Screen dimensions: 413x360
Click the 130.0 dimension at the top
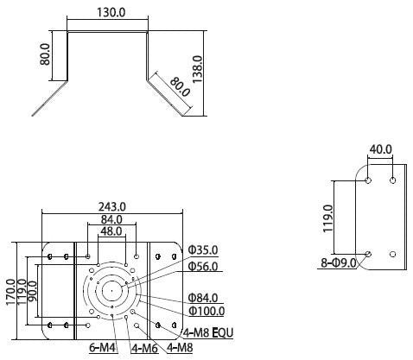[111, 12]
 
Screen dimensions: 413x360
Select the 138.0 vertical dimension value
[198, 70]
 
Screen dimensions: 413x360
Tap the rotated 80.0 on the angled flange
[180, 86]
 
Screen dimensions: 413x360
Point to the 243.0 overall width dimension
[112, 206]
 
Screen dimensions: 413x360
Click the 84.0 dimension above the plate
[111, 219]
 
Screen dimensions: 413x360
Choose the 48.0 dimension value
[111, 231]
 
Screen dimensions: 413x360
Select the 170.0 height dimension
[10, 292]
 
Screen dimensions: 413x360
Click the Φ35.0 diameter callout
[203, 250]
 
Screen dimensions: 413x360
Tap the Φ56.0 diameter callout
[203, 266]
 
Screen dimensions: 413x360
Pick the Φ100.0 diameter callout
[206, 311]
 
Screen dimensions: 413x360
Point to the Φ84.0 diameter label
[203, 298]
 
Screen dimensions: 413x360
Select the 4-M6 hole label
[145, 349]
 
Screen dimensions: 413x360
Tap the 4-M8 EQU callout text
[208, 333]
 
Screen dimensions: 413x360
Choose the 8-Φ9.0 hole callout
[339, 262]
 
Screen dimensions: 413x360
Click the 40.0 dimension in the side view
[381, 149]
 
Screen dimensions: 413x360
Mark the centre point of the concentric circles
[111, 291]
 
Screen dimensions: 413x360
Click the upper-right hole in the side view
[392, 180]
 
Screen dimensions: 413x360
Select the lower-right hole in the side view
[392, 254]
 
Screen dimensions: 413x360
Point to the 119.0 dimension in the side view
[328, 218]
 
